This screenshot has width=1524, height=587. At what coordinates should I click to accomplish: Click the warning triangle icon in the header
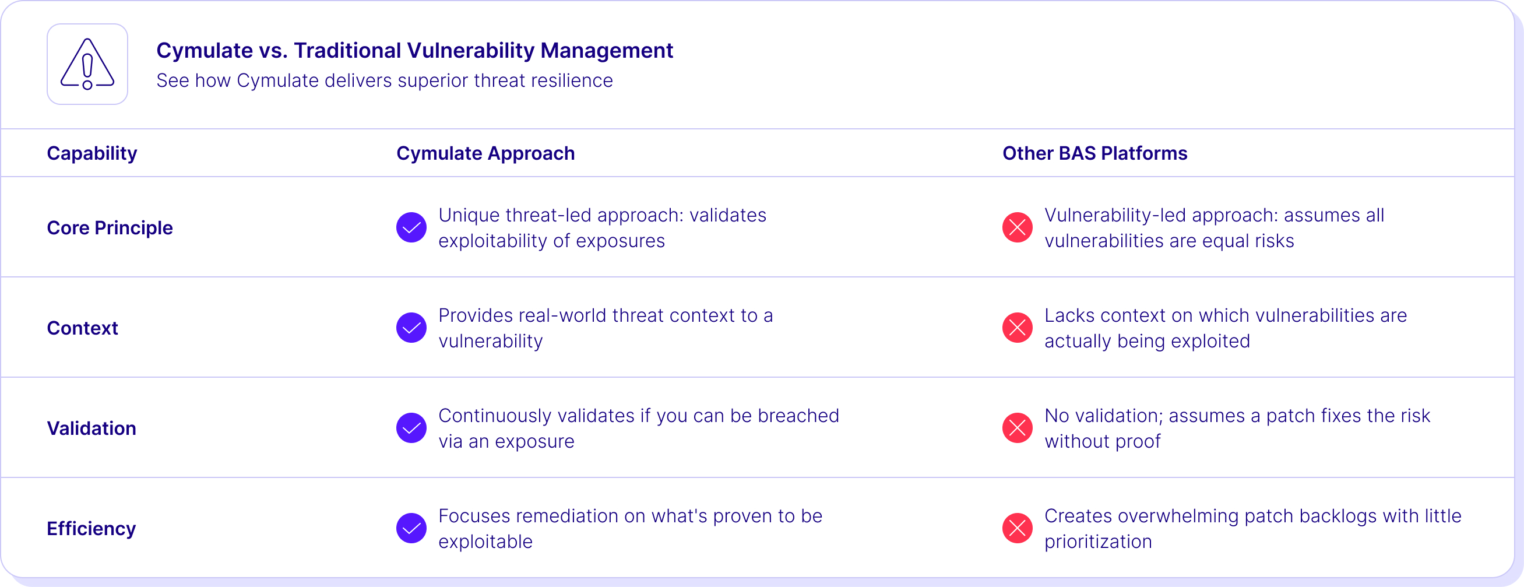[87, 64]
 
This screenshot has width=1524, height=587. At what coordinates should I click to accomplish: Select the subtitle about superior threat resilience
[385, 80]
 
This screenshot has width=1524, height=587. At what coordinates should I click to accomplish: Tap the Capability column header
[91, 153]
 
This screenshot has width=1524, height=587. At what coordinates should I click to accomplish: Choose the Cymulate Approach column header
[485, 153]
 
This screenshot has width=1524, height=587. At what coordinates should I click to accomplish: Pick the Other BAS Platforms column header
[1094, 153]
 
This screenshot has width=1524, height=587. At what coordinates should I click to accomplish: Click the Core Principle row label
[110, 228]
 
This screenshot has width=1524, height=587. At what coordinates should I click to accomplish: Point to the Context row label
[82, 328]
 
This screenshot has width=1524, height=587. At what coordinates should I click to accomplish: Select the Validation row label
[91, 428]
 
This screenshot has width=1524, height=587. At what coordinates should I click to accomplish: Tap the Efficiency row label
[91, 529]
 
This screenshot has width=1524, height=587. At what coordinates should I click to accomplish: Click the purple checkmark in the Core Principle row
[411, 227]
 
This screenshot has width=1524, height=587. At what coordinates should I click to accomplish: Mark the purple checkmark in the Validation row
[411, 428]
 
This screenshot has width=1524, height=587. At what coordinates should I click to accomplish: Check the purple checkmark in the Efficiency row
[411, 528]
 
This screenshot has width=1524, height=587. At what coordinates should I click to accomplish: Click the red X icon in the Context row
[1018, 327]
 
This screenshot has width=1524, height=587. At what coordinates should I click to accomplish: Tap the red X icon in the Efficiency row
[1018, 528]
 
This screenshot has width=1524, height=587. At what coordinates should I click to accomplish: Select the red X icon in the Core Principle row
[1018, 227]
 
